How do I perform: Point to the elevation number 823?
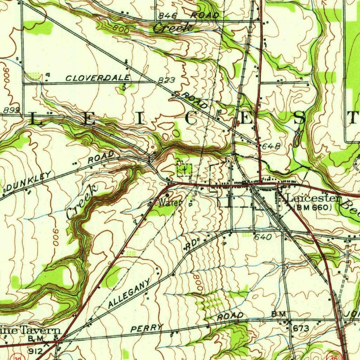click(166, 80)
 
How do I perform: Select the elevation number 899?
click(11, 110)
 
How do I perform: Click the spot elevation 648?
click(270, 147)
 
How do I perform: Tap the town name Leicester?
click(314, 199)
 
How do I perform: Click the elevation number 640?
click(263, 237)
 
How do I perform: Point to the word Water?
click(170, 203)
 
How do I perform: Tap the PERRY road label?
click(147, 328)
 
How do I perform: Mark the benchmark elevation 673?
click(301, 328)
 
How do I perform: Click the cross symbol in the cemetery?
click(184, 170)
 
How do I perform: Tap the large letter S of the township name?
click(300, 119)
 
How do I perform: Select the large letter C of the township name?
click(191, 119)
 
